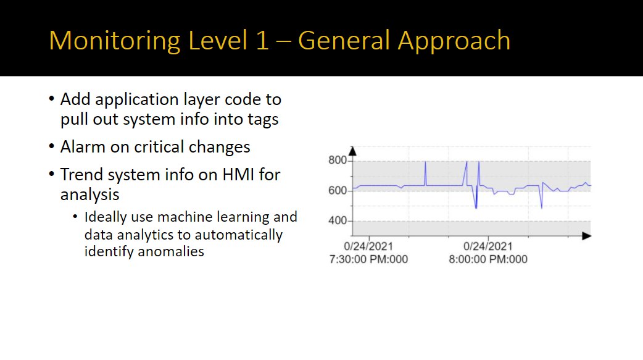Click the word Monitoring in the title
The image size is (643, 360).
tap(115, 41)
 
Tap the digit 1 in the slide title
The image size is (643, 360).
tap(262, 40)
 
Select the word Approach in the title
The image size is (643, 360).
tap(454, 41)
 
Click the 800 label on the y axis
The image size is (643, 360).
tap(338, 160)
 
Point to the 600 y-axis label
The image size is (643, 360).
tap(338, 190)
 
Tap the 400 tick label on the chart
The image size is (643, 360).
tap(338, 221)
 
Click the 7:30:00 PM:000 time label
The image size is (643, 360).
tap(368, 259)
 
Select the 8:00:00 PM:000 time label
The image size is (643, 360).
tap(488, 259)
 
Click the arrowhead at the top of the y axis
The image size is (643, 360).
tap(352, 151)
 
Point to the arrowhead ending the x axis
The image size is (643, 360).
tap(586, 236)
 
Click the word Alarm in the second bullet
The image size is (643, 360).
tap(83, 147)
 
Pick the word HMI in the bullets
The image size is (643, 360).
tap(238, 175)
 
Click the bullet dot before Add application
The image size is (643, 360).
tap(51, 99)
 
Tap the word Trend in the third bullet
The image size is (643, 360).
tap(81, 175)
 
